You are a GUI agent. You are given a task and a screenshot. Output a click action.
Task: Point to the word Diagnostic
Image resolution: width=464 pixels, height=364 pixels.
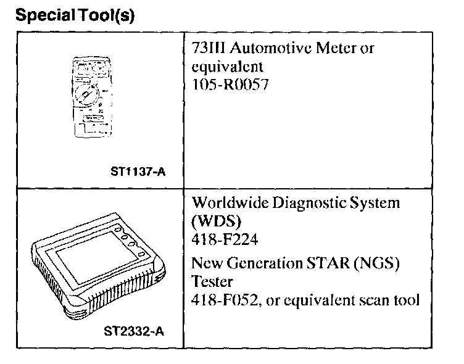[x=304, y=203]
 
